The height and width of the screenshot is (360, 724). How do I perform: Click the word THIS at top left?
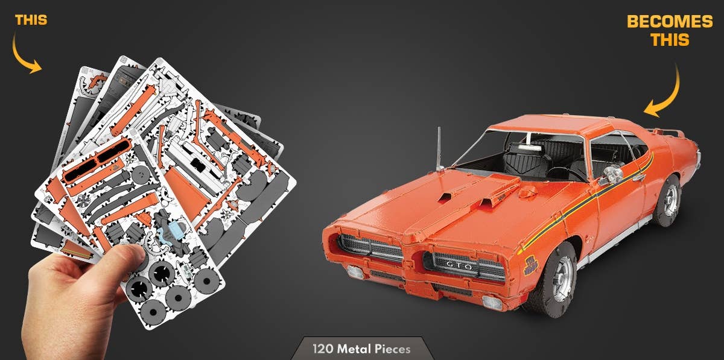(31, 20)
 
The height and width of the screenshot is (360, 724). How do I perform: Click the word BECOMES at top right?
(670, 22)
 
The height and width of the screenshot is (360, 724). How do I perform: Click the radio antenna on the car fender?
(440, 148)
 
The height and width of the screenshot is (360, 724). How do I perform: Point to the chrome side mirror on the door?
(612, 174)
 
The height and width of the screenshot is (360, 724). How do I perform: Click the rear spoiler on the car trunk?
(672, 130)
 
